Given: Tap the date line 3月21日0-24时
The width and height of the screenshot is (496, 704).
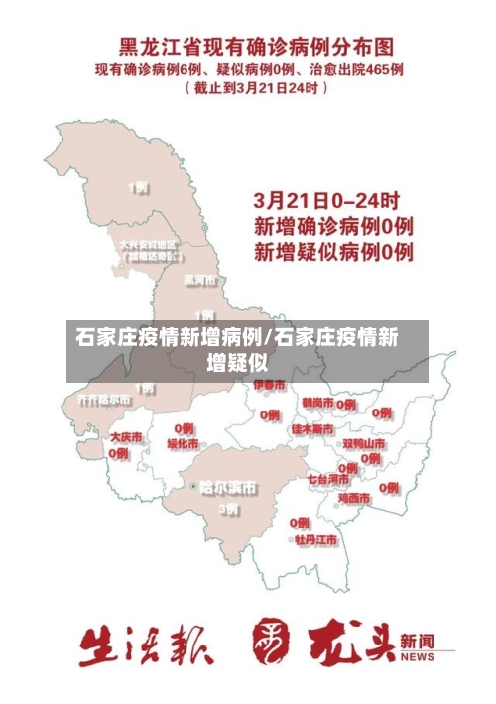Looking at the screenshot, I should click(327, 199).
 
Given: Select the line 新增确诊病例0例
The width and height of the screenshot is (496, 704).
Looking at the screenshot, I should click(333, 226).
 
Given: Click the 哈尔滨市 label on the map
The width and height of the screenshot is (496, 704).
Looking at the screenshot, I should click(227, 488).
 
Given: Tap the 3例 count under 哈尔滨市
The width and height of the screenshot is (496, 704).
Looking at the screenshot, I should click(228, 508).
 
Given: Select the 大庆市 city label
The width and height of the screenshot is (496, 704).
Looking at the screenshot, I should click(126, 436).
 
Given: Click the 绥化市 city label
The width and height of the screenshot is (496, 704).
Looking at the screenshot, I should click(183, 444).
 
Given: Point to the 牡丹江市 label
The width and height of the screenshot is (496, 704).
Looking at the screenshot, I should click(315, 540).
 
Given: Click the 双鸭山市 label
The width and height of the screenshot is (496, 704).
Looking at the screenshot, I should click(363, 443).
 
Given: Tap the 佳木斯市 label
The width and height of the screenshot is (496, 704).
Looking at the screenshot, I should click(311, 430).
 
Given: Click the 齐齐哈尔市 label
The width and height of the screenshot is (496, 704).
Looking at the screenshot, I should click(104, 399).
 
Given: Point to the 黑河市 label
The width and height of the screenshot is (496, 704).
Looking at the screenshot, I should click(199, 280).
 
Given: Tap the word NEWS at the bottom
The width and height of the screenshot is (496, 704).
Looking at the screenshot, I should click(418, 657).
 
